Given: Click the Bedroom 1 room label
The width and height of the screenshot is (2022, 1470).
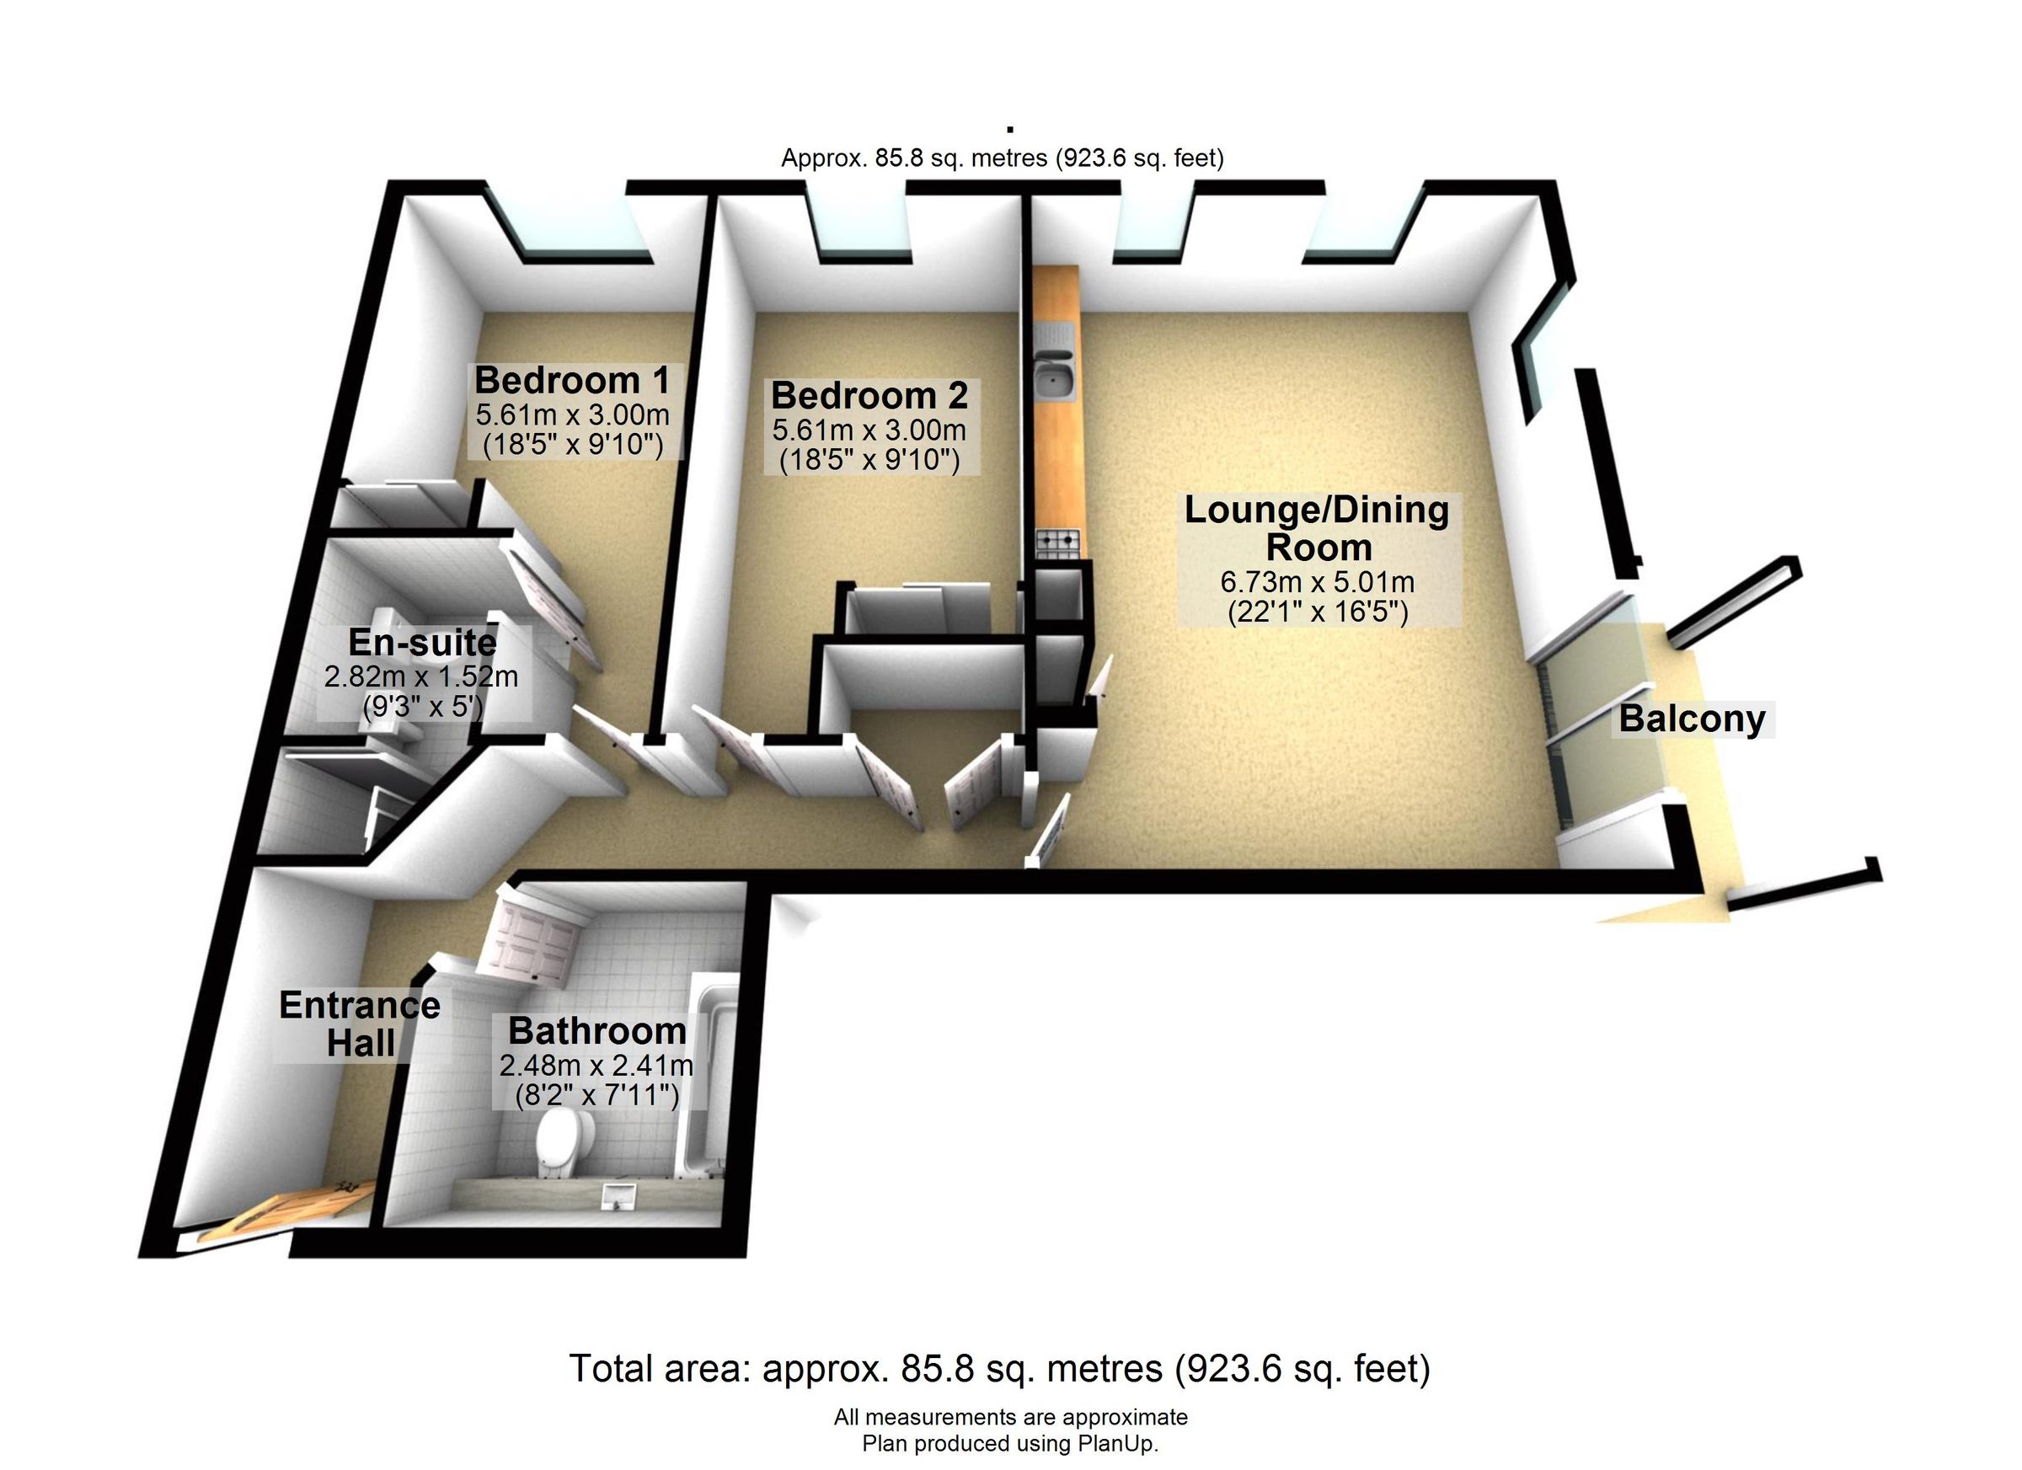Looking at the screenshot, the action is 571,381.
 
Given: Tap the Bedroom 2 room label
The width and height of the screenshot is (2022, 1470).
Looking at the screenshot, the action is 869,396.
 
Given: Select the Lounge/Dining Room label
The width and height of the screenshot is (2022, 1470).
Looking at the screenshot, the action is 1318,529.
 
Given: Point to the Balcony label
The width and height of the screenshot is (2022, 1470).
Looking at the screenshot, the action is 1692,719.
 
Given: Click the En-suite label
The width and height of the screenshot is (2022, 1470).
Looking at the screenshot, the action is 423,642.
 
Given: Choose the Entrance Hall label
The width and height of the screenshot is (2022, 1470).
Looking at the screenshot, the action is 361,1024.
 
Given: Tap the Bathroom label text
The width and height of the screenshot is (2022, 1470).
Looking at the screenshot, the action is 597,1031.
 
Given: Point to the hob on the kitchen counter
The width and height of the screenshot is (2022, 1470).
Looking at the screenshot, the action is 1057,539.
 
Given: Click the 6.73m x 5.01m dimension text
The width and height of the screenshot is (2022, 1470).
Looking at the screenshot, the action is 1318,582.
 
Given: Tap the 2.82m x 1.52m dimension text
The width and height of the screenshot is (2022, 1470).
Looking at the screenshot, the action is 420,676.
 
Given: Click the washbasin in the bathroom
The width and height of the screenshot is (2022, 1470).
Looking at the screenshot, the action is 619,1194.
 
